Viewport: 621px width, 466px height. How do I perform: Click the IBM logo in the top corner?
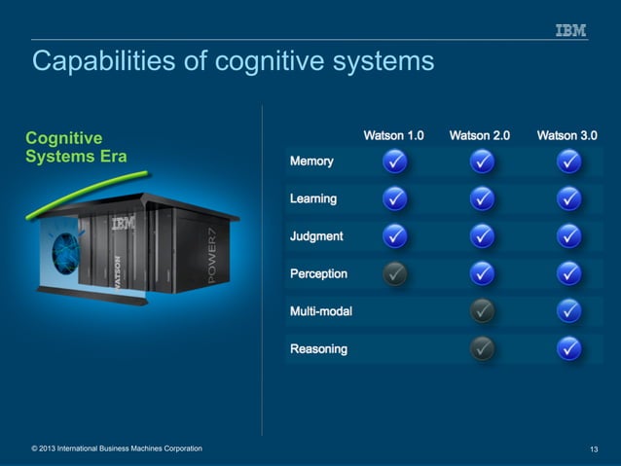(x=571, y=30)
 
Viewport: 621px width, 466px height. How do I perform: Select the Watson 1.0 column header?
(x=393, y=136)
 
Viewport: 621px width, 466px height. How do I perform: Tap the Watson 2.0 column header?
(x=479, y=136)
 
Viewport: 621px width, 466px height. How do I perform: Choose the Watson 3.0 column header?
(x=566, y=136)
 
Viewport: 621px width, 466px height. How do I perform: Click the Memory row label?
(x=311, y=161)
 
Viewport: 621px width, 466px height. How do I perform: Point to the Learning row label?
(x=313, y=198)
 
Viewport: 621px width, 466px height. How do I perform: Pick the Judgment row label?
(x=316, y=236)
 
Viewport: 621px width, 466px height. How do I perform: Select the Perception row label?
(x=318, y=273)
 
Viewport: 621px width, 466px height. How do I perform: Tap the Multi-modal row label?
(x=321, y=311)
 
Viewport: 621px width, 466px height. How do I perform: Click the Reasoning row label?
(x=318, y=348)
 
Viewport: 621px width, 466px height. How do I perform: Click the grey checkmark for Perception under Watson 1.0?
(x=394, y=274)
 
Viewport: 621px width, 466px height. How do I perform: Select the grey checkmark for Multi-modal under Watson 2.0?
(x=482, y=311)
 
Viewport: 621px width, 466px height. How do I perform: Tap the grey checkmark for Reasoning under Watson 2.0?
(x=482, y=348)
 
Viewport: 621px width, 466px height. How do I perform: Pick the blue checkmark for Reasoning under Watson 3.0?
(x=569, y=348)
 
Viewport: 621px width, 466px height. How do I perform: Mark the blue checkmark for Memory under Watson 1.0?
(x=394, y=161)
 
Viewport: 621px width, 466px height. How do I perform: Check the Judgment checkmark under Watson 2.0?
(x=482, y=236)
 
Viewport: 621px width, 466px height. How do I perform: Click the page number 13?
(x=594, y=448)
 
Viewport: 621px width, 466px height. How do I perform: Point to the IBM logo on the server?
(x=123, y=224)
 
